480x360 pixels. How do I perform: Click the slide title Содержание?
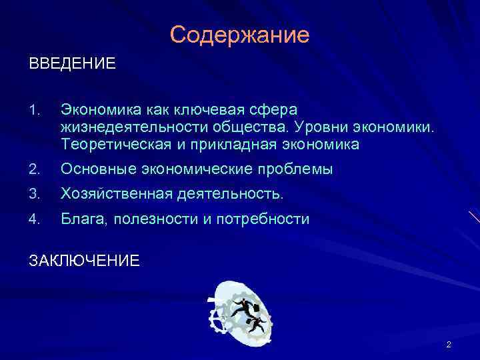(x=239, y=35)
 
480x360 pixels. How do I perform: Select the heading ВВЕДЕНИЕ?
(x=72, y=64)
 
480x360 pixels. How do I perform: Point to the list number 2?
(x=35, y=169)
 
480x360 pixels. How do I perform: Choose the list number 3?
(x=35, y=194)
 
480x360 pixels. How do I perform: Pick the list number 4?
(x=35, y=219)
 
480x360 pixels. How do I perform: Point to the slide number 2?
(x=449, y=345)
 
